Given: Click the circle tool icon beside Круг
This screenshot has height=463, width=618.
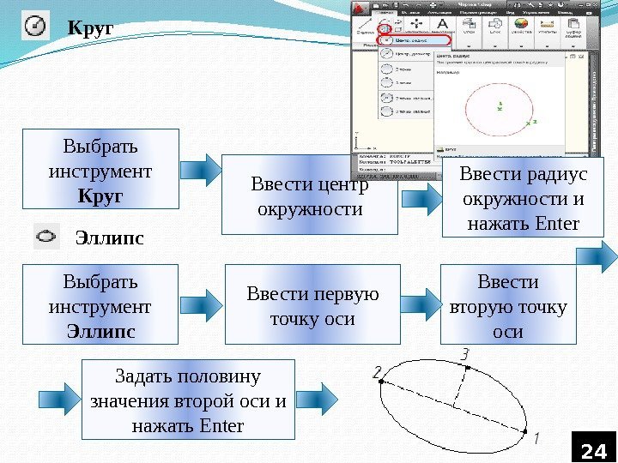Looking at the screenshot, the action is click(36, 27).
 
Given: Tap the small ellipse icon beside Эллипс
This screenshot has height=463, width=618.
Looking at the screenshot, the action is click(46, 236).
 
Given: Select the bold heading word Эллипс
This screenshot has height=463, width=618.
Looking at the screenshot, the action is click(111, 237).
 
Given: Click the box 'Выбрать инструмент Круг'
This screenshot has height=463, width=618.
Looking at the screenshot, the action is click(100, 169).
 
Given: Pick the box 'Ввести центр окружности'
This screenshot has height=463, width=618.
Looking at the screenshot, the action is click(310, 195).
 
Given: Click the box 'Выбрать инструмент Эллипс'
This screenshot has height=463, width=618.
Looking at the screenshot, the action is click(100, 304).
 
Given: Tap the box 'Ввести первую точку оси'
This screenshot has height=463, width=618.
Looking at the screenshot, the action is click(312, 306).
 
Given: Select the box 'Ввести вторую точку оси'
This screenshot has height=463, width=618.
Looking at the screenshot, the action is click(508, 306).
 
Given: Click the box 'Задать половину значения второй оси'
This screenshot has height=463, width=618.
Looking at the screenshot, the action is click(188, 400).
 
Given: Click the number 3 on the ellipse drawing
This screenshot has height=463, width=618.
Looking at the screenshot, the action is click(464, 352).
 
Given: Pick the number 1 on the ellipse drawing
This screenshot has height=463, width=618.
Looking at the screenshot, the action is click(536, 438).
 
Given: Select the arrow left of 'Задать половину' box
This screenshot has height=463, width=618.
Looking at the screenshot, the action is click(58, 396).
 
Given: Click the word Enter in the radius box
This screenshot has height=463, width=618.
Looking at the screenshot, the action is click(557, 225).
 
